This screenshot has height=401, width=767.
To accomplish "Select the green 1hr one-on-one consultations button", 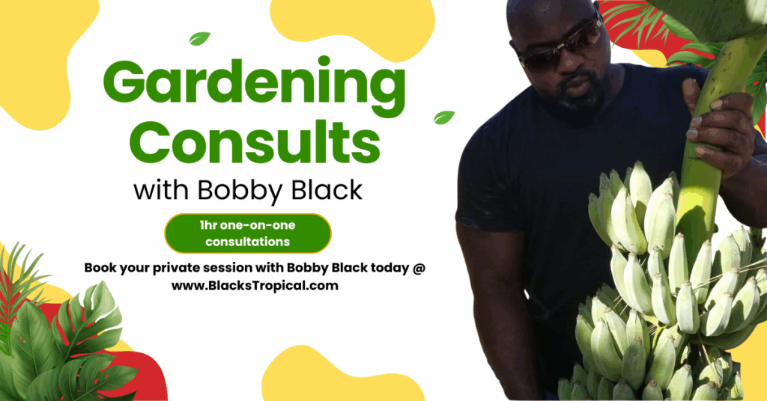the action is pos(248,233).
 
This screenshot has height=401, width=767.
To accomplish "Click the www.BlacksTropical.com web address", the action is pos(255,286).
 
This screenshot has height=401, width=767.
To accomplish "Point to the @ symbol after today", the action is pos(419,268).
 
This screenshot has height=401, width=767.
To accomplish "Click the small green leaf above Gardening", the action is pos(199,39).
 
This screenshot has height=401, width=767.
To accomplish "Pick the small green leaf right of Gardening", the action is pos(444,117).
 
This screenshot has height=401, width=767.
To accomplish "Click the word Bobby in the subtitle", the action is pos(239,190).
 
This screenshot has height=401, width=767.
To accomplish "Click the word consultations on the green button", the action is pos(247,242).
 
